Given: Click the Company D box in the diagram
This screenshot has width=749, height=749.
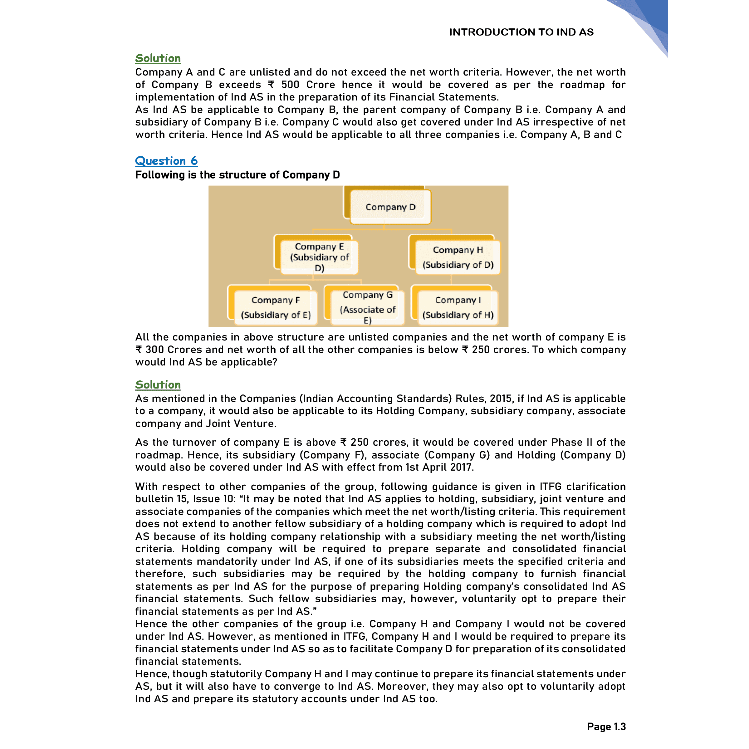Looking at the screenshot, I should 390,207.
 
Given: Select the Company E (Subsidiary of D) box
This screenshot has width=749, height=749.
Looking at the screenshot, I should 319,257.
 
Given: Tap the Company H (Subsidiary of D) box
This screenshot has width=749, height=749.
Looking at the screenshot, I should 458,257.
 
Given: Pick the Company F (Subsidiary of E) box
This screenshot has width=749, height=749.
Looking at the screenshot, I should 276,307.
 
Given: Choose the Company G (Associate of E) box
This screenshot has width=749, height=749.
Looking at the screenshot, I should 367,307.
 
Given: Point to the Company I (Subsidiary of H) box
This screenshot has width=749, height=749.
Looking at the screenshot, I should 458,307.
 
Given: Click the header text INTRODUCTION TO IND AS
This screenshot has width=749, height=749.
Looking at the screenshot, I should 521,32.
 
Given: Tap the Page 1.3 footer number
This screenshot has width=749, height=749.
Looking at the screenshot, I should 606,726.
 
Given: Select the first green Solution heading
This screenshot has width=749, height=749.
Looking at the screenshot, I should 158,58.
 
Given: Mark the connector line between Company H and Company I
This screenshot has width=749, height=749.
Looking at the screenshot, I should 451,280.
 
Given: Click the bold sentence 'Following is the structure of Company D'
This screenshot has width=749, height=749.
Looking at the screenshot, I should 237,175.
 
